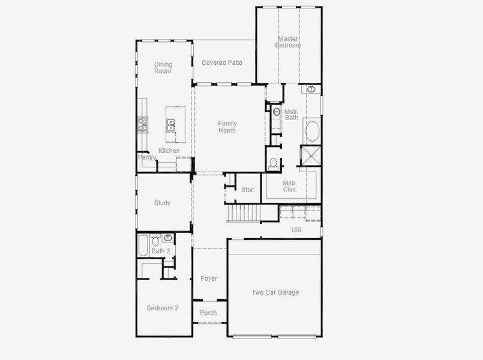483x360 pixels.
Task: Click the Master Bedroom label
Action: pos(288,42)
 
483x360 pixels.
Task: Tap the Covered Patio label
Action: pos(222,62)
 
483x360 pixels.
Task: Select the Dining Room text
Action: pos(163,68)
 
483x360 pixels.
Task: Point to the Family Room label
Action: pos(227,127)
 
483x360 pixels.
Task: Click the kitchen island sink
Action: pos(170,124)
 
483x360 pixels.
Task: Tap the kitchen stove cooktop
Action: pos(143,124)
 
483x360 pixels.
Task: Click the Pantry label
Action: pos(147,157)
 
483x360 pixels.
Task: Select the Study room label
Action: pos(162,203)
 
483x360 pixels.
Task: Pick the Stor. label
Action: pos(247,190)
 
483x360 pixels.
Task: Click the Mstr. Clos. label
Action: pos(290,186)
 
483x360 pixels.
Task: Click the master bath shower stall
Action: pos(311,155)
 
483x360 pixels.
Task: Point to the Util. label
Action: pos(296,230)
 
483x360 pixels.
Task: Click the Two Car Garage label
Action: pos(275,292)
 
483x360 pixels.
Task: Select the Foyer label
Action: pos(209,278)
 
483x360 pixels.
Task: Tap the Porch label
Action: pos(208,313)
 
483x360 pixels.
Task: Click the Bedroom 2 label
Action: pos(163,308)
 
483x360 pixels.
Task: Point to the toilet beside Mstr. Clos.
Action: pos(273,163)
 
